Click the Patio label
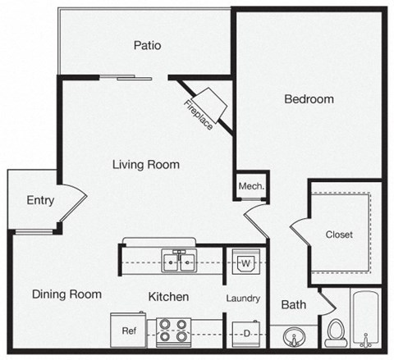(x=146, y=45)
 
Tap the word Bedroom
(x=309, y=99)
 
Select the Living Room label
(x=146, y=164)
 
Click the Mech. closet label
(x=250, y=186)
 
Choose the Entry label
(x=40, y=200)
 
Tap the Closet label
(x=338, y=235)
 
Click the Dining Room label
(x=67, y=294)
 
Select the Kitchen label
(x=169, y=296)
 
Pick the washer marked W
(x=245, y=262)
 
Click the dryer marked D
(x=245, y=332)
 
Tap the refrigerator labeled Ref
(x=129, y=332)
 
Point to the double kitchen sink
(x=178, y=262)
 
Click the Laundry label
(x=245, y=298)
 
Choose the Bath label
(x=294, y=304)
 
